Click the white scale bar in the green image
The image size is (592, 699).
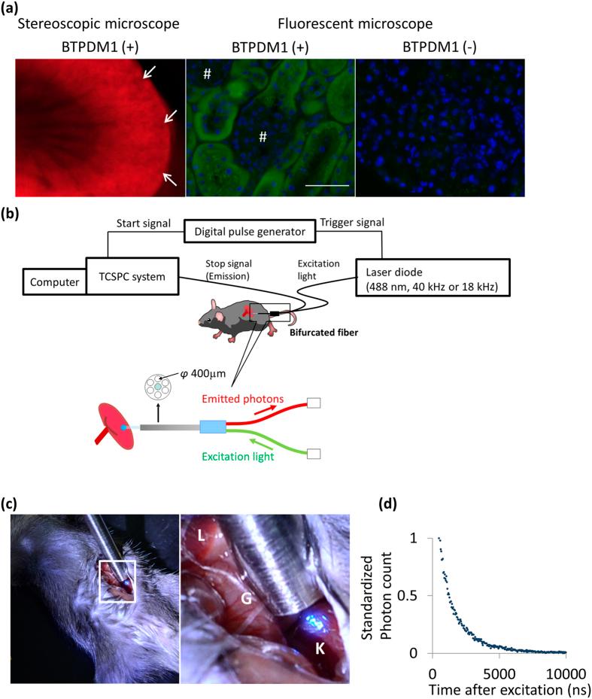click(x=327, y=184)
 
